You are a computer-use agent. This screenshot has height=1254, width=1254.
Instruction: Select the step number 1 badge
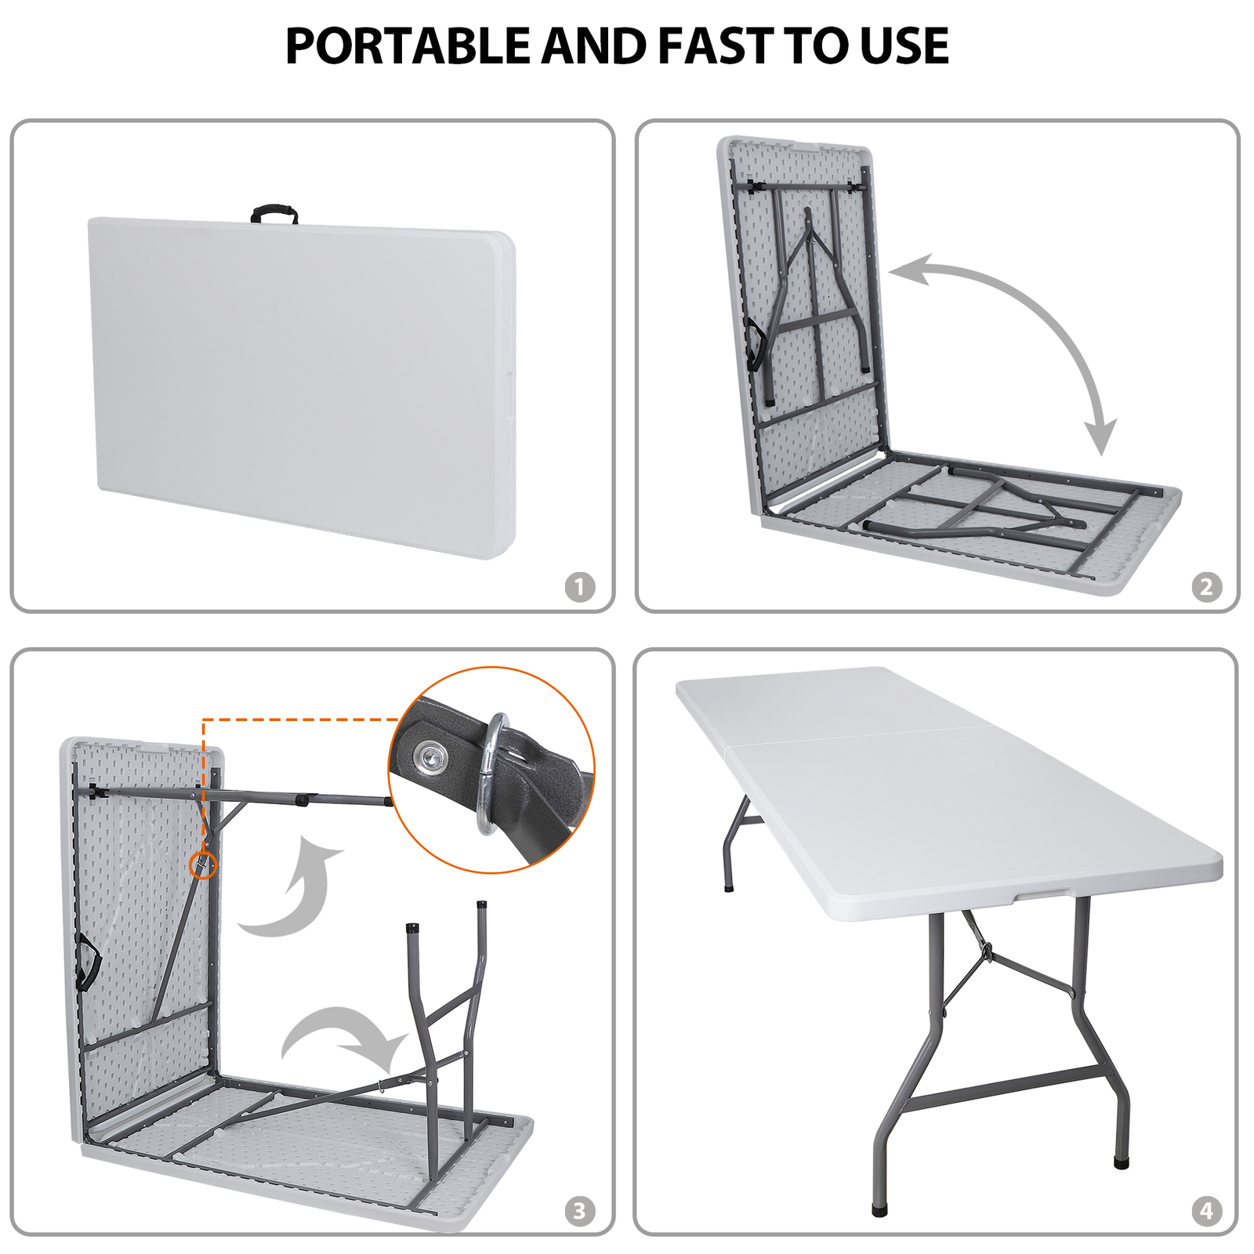click(580, 586)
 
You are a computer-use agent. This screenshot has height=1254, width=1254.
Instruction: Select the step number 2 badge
click(1206, 586)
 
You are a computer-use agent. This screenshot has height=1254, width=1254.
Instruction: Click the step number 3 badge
click(580, 1211)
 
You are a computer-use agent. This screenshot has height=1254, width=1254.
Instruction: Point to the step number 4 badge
click(1206, 1211)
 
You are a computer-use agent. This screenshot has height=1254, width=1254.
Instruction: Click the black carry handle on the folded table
click(274, 212)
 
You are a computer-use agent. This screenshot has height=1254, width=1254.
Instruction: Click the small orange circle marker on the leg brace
click(203, 864)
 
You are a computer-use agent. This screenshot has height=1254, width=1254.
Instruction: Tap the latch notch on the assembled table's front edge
click(1042, 895)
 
